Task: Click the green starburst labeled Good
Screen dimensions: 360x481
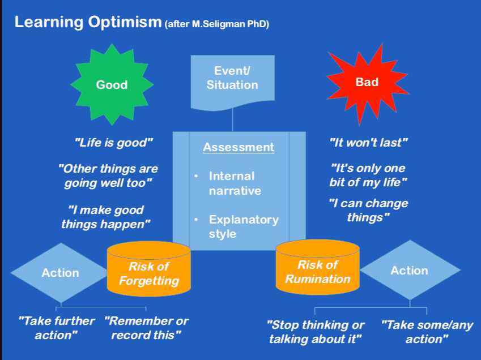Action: click(x=112, y=85)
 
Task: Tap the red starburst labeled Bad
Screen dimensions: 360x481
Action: click(x=367, y=83)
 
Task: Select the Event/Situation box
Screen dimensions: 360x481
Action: click(x=232, y=79)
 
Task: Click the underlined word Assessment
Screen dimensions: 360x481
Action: click(x=239, y=148)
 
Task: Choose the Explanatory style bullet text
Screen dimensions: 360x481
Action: click(x=244, y=226)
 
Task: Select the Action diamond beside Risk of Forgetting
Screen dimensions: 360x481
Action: click(x=59, y=273)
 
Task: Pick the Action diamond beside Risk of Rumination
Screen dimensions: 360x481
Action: click(x=409, y=271)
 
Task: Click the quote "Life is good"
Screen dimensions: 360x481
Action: click(x=114, y=143)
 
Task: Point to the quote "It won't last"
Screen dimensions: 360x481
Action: click(x=368, y=143)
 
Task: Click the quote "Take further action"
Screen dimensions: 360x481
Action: click(x=57, y=328)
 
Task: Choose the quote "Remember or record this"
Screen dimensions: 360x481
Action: click(x=146, y=328)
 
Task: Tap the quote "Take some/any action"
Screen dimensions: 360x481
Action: click(x=427, y=332)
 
